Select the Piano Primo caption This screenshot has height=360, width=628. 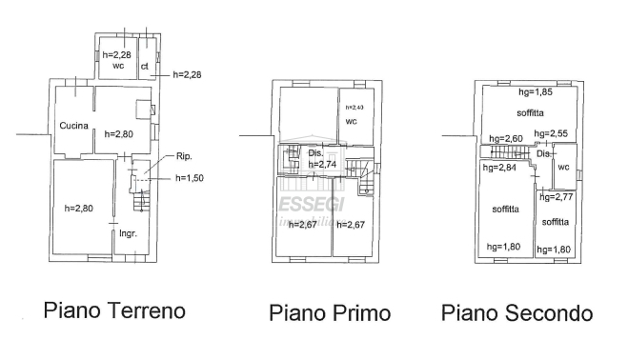pos(330,313)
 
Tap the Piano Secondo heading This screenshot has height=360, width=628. pos(517,313)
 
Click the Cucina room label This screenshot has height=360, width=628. pos(73,126)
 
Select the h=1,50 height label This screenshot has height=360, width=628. pos(189,177)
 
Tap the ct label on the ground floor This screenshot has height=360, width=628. pos(145,66)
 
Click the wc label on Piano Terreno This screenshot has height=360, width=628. pos(118,66)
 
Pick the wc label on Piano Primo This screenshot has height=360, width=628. pos(352,122)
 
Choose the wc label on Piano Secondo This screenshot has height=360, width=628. pos(563,167)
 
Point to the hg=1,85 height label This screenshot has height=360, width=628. pos(536,93)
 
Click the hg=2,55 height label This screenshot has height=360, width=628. pos(552,133)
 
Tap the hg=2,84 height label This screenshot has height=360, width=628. pos(498,168)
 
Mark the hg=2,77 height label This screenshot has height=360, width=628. pos(556,196)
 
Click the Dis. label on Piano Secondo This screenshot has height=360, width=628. pos(544,153)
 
